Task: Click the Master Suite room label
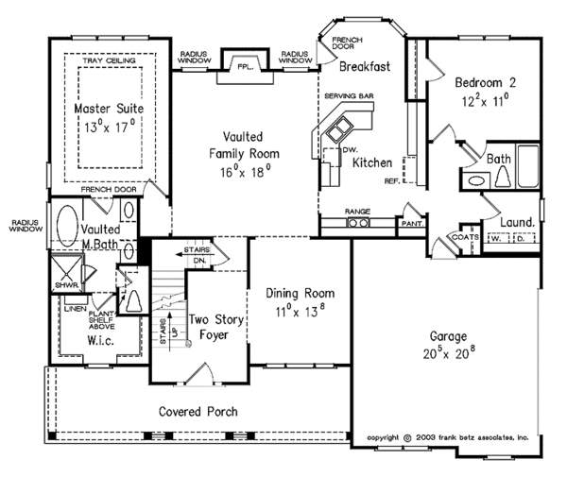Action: click(x=109, y=109)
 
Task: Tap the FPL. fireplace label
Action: click(x=246, y=67)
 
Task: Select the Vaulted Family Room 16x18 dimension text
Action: click(x=246, y=171)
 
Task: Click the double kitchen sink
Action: click(x=339, y=128)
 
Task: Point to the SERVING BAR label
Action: click(x=349, y=96)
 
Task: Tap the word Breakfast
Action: click(x=365, y=66)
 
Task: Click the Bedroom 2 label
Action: click(x=486, y=83)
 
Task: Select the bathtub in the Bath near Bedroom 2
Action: click(x=528, y=166)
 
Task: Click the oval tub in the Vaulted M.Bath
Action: click(x=68, y=226)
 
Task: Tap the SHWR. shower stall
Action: click(x=67, y=272)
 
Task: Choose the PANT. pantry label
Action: click(x=412, y=224)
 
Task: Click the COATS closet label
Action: click(x=465, y=237)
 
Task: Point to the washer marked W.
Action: click(x=496, y=238)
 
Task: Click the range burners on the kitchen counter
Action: click(x=359, y=223)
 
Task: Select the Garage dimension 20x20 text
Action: click(x=449, y=352)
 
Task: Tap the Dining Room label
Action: click(x=301, y=293)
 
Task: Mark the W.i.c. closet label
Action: click(x=101, y=340)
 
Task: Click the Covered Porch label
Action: click(x=198, y=412)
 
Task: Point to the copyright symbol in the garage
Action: click(x=407, y=438)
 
